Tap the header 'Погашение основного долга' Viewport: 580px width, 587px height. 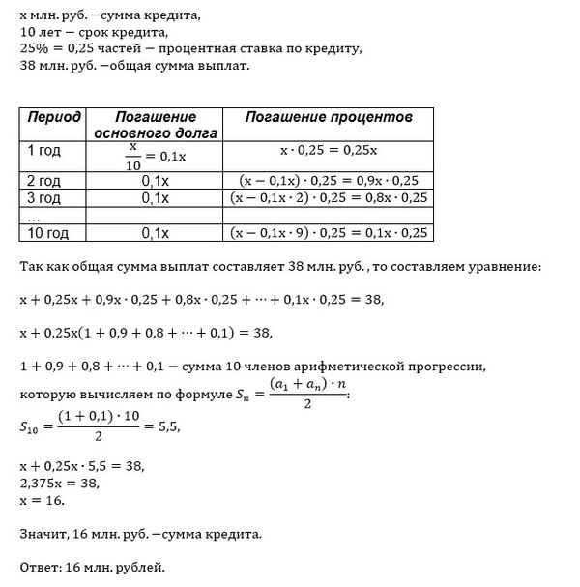pos(155,124)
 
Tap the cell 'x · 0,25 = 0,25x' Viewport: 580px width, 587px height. pos(330,153)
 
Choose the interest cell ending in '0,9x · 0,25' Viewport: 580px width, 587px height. pos(330,181)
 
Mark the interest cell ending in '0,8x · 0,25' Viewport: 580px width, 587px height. pos(330,198)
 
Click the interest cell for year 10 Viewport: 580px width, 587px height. pos(330,232)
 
